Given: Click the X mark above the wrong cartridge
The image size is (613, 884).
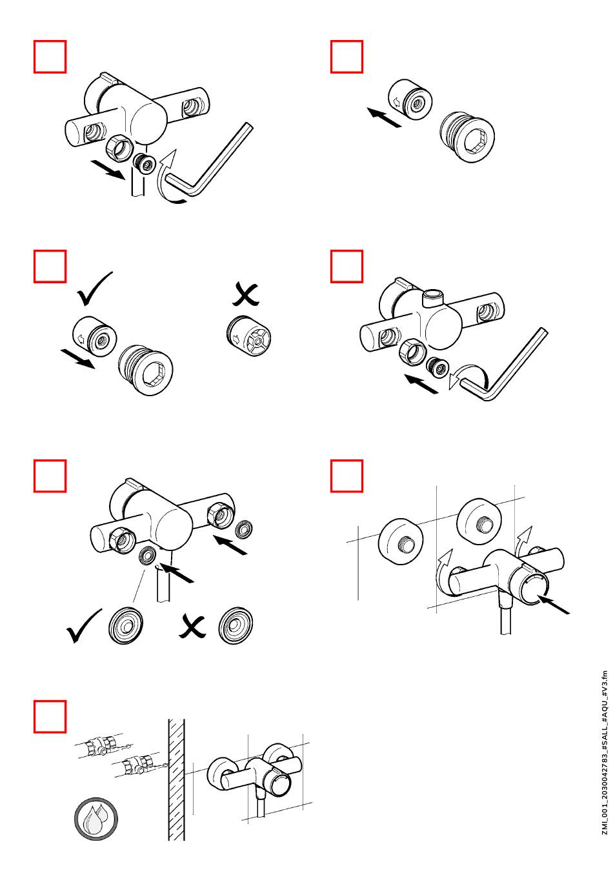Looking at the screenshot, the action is pos(245,295).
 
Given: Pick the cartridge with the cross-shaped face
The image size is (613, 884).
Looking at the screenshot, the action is pos(248,334).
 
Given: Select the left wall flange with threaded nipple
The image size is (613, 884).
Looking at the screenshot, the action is pos(400,541).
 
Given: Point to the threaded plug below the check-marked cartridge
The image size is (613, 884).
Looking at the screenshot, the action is pos(145,370).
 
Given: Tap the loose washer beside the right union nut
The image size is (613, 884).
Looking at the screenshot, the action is pos(243,529).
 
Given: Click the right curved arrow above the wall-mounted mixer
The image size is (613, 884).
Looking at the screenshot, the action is pos(523,541).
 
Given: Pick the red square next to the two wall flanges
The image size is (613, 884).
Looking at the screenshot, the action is pos(347,476).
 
